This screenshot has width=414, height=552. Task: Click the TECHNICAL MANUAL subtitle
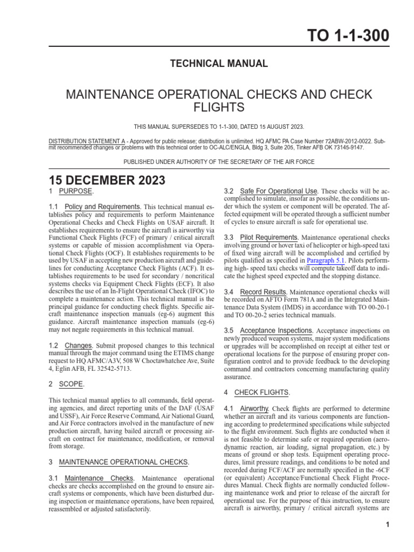point(219,64)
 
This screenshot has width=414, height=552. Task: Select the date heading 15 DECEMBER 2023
point(107,180)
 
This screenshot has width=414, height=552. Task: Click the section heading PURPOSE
point(76,191)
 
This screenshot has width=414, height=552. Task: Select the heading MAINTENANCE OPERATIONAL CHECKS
point(124,462)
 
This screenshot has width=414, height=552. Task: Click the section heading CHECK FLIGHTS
point(262,392)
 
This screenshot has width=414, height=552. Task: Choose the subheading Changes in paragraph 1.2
point(78,345)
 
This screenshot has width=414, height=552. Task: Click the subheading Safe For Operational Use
point(279,191)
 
